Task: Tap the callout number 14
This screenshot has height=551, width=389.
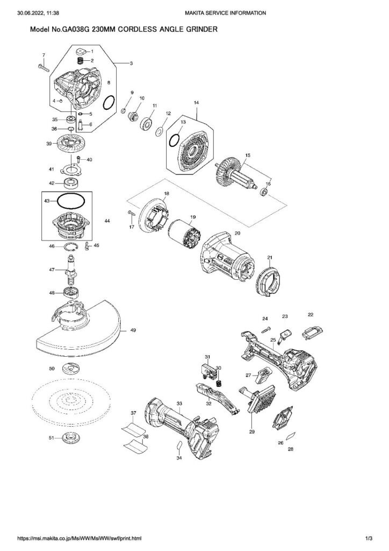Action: pyautogui.click(x=196, y=102)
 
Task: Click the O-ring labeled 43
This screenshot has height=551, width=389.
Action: pyautogui.click(x=70, y=201)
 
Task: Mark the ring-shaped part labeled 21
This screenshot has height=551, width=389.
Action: pyautogui.click(x=269, y=281)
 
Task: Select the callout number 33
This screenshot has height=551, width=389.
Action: pyautogui.click(x=179, y=403)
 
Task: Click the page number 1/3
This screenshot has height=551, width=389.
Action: pyautogui.click(x=369, y=538)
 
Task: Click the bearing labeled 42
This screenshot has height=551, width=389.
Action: pyautogui.click(x=71, y=183)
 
